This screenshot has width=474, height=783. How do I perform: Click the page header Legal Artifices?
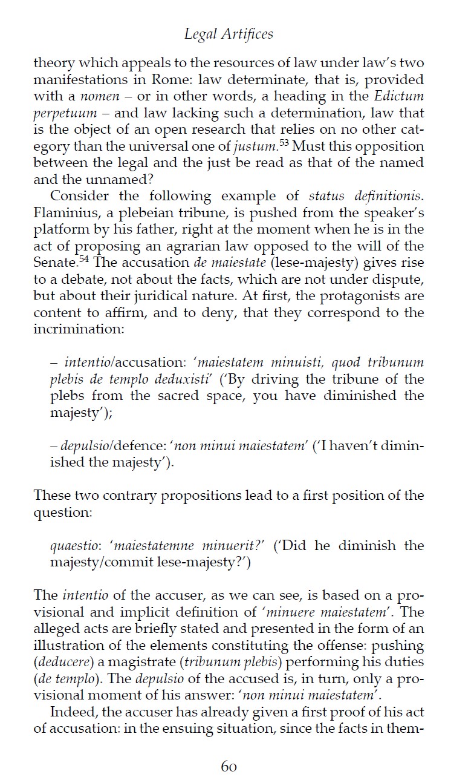point(229,34)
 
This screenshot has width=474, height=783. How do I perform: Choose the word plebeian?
point(135,213)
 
